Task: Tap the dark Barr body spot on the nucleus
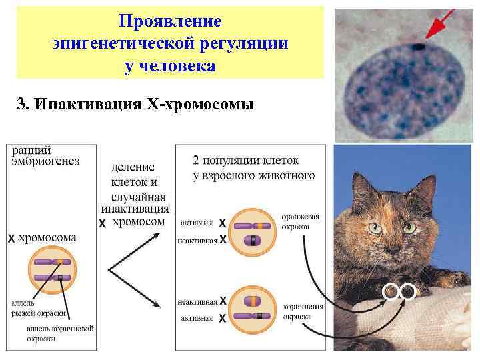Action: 419,47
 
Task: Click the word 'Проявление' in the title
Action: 170,20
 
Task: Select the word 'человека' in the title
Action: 170,67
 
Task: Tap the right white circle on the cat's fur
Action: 407,291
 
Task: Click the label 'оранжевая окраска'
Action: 300,221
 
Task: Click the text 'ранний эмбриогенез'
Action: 45,155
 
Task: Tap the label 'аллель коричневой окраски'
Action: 60,333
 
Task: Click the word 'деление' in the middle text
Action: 133,167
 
